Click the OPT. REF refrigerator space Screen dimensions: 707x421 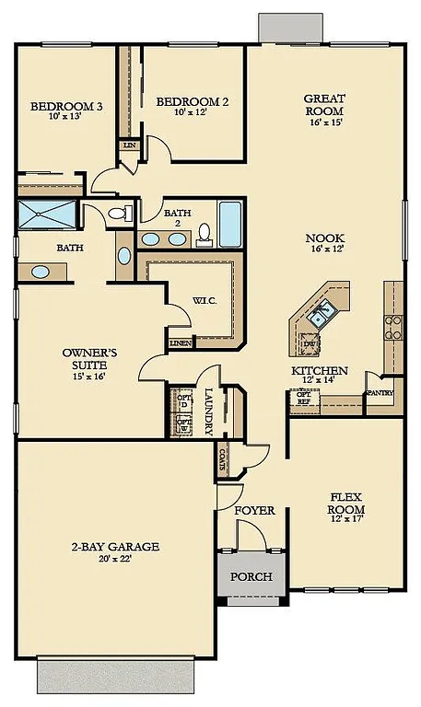click(302, 398)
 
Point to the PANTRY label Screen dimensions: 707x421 click(380, 393)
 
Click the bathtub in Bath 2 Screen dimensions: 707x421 click(230, 225)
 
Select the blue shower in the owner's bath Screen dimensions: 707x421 click(48, 216)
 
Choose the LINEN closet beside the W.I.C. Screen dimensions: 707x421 click(180, 343)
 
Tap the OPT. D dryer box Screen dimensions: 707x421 click(182, 400)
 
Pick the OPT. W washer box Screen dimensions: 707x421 click(183, 425)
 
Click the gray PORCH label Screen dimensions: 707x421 click(251, 577)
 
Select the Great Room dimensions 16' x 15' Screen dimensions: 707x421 click(324, 122)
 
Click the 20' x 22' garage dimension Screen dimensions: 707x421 click(114, 560)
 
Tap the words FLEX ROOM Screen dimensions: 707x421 click(346, 504)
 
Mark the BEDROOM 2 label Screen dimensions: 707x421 click(193, 101)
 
